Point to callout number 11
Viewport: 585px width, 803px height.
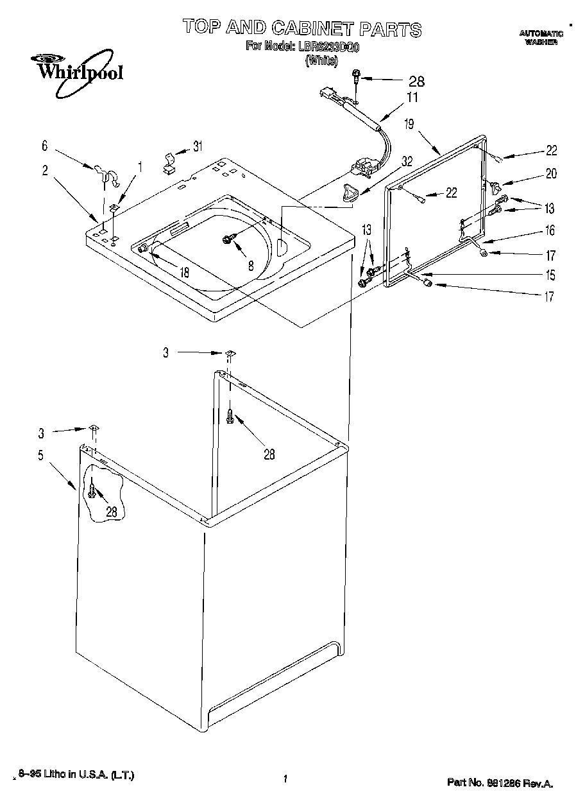coord(412,98)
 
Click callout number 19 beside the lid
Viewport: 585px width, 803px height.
coord(409,124)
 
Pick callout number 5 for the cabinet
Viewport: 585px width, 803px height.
coord(40,455)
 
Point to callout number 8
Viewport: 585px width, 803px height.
coord(251,264)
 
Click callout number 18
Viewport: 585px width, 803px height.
coord(184,272)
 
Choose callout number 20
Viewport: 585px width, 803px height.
coord(551,173)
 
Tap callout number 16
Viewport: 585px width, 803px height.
coord(550,230)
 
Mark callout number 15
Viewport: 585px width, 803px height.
coord(550,276)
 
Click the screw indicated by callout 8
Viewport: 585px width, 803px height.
coord(228,239)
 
